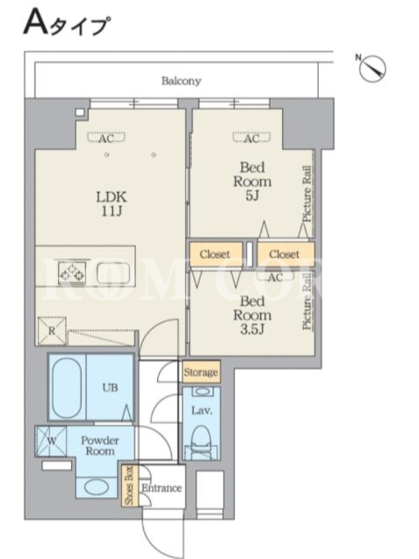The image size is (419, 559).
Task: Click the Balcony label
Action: [x=181, y=81]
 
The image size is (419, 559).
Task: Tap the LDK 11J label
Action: [x=112, y=204]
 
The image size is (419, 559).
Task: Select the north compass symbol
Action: [x=372, y=68]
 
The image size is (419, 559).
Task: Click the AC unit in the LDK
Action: [x=107, y=138]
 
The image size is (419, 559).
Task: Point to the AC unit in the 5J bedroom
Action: [x=251, y=138]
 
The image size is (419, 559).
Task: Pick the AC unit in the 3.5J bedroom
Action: [x=275, y=276]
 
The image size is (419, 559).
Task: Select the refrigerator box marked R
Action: [x=52, y=331]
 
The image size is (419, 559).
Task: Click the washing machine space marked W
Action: [x=51, y=441]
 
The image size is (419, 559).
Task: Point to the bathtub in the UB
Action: [x=67, y=388]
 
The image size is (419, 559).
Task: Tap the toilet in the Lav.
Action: [x=202, y=442]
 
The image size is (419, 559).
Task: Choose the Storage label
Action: [x=201, y=372]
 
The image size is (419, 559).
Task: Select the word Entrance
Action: [x=162, y=488]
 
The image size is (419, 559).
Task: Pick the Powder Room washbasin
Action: [x=96, y=487]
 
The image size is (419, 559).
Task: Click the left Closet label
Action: [x=215, y=254]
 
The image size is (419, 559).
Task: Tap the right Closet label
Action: [x=284, y=254]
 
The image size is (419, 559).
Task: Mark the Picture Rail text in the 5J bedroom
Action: [x=307, y=194]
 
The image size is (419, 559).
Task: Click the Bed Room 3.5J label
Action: [x=252, y=315]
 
